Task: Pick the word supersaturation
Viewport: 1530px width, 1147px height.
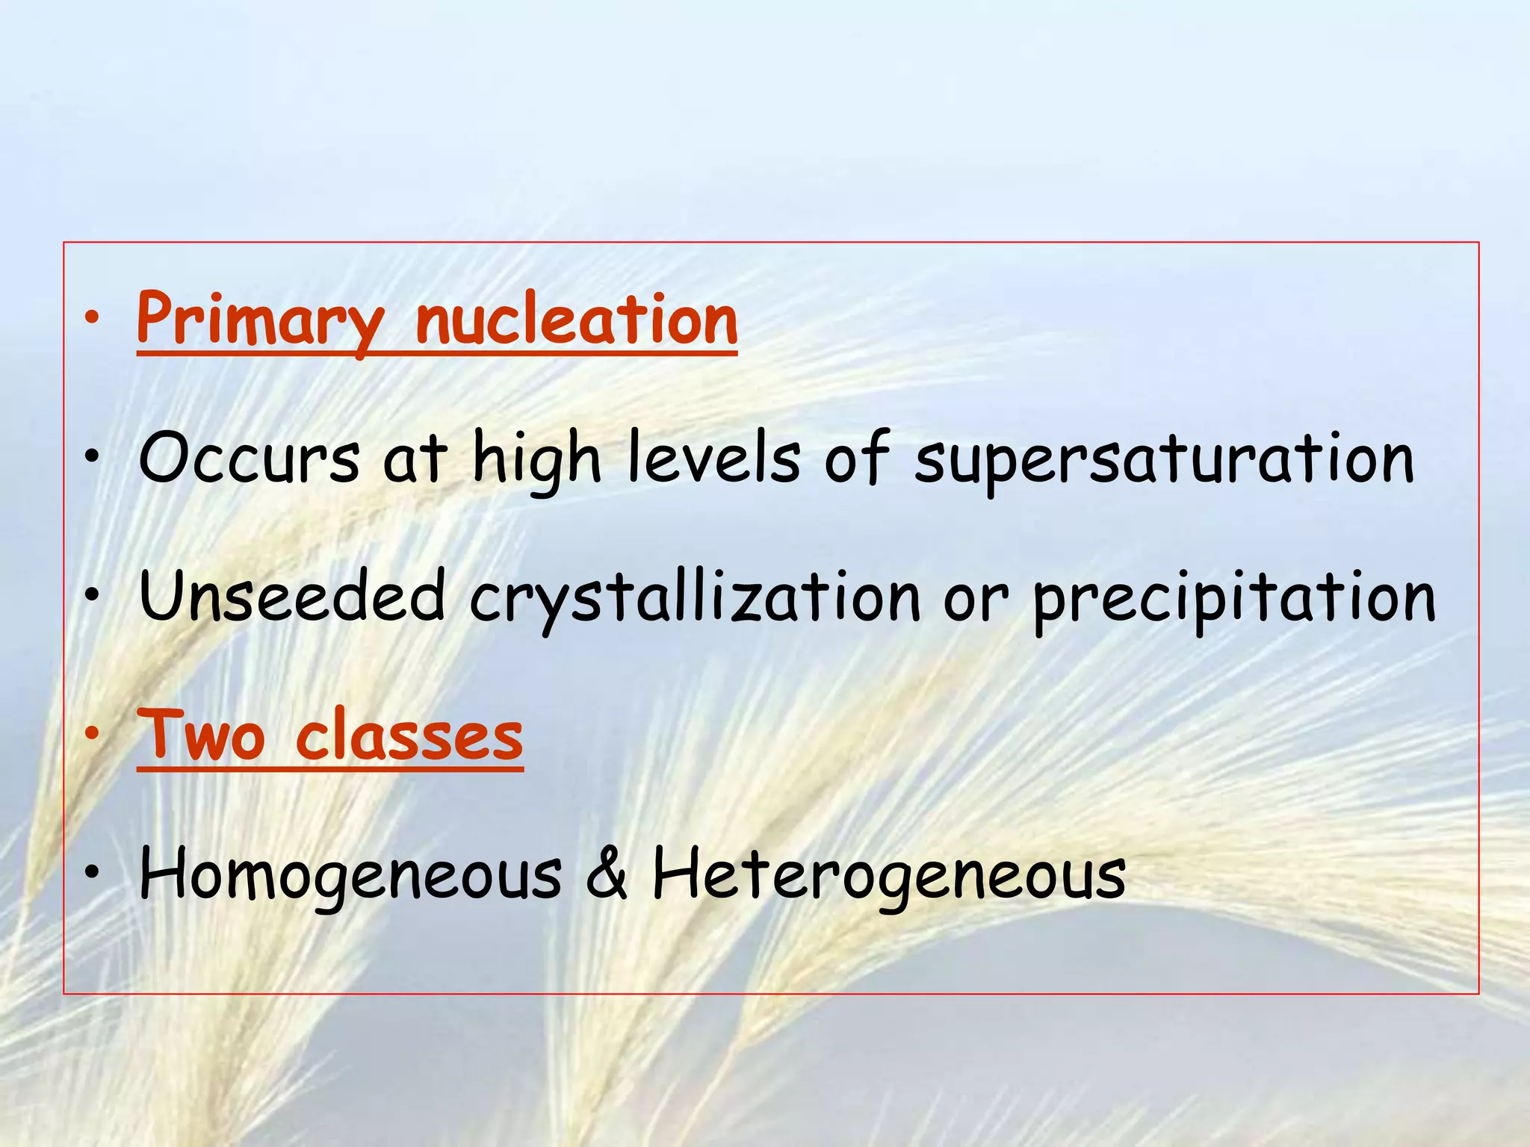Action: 1164,459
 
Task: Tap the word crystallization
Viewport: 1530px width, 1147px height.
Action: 695,597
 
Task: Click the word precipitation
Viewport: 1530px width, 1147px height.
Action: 1234,597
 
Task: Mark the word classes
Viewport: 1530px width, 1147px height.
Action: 409,735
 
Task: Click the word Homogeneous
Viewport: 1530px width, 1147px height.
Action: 350,874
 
